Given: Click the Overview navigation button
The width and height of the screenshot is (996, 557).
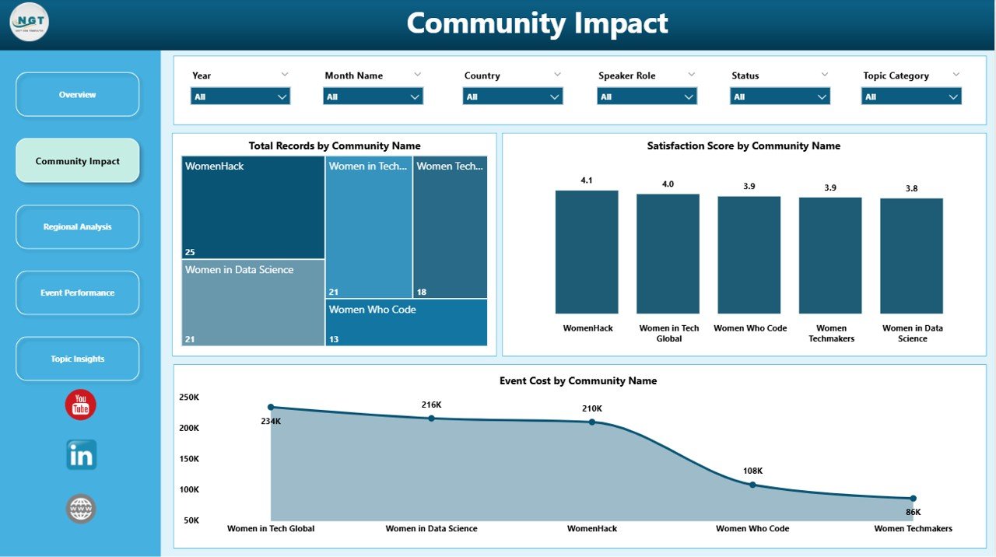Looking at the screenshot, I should click(x=77, y=95).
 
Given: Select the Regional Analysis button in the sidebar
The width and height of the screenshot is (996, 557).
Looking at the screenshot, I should click(x=77, y=227).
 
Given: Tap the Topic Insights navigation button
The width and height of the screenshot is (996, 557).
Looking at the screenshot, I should click(x=77, y=359).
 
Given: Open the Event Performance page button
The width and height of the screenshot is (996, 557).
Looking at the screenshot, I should click(x=77, y=293).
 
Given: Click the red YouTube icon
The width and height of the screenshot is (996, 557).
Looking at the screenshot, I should click(x=81, y=405).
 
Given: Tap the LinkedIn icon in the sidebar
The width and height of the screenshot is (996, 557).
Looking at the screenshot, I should click(x=81, y=456).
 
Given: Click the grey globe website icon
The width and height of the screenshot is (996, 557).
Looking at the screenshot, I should click(x=81, y=509).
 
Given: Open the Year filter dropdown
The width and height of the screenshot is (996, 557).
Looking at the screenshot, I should click(x=240, y=96).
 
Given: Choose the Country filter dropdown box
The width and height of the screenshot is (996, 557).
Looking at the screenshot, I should click(x=513, y=96).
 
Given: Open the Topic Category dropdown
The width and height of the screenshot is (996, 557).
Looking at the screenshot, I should click(x=911, y=96).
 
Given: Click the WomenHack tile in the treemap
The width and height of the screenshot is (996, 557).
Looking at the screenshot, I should click(x=253, y=208).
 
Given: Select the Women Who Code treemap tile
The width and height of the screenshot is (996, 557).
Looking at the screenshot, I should click(x=406, y=323).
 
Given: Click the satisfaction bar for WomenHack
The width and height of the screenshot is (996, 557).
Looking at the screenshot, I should click(x=587, y=252).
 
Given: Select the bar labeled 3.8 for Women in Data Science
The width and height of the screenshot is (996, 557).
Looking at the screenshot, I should click(x=911, y=256).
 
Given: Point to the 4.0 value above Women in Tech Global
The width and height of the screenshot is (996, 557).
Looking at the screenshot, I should click(x=668, y=184).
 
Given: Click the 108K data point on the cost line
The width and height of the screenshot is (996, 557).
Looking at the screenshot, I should click(x=752, y=485).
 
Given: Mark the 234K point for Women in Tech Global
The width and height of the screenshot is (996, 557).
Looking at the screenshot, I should click(x=271, y=407).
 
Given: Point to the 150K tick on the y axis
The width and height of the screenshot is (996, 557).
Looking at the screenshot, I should click(x=189, y=459).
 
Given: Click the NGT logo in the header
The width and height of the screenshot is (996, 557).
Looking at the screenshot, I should click(x=30, y=23).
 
